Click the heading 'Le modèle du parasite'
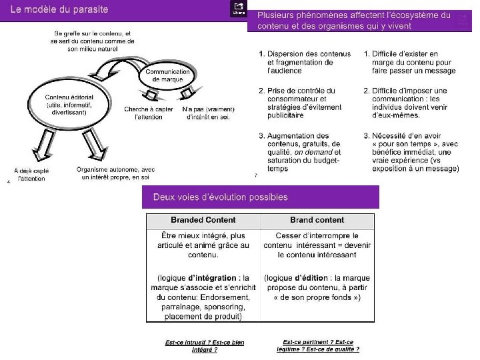click(x=59, y=10)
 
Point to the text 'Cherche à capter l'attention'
click(x=148, y=113)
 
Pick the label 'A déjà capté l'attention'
click(x=31, y=175)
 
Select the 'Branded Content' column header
click(x=203, y=220)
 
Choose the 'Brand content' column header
click(x=317, y=220)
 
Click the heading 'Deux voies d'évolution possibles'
click(x=221, y=197)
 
